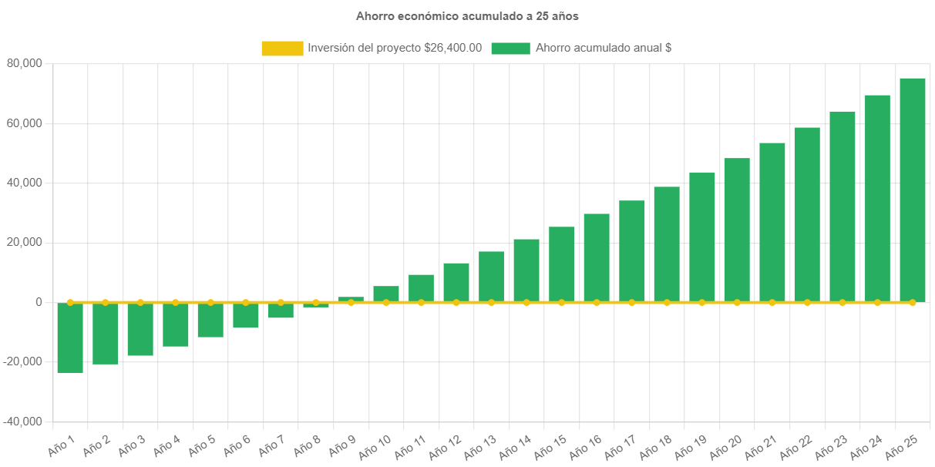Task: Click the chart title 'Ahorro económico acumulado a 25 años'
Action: click(x=467, y=15)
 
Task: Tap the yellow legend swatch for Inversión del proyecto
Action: click(x=282, y=48)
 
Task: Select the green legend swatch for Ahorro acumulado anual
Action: click(x=510, y=48)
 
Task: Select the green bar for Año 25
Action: click(x=913, y=190)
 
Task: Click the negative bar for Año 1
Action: click(x=70, y=338)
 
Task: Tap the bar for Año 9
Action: click(x=351, y=299)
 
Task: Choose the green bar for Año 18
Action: click(x=667, y=244)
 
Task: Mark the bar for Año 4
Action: click(x=176, y=324)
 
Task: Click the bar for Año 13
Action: click(x=491, y=277)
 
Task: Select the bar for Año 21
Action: click(x=772, y=222)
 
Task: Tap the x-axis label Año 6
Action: click(x=237, y=445)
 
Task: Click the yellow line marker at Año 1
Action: click(x=70, y=302)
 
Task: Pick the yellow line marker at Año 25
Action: click(x=913, y=302)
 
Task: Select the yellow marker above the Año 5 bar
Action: click(x=210, y=302)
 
